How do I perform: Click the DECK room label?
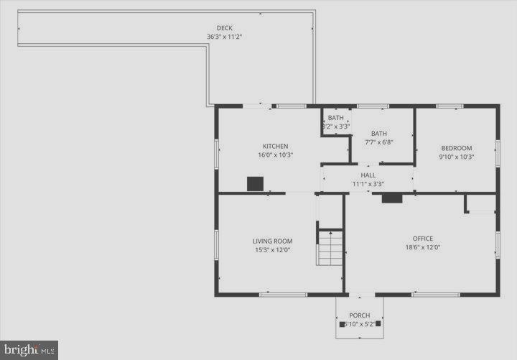(224, 28)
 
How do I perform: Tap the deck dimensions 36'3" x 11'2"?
(224, 37)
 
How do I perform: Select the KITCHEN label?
(275, 146)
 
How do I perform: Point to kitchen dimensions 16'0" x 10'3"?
(275, 154)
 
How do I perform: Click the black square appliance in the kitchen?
(256, 183)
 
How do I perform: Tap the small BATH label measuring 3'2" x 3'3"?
(335, 118)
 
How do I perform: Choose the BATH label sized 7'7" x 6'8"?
(378, 133)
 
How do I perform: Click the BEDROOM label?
(456, 148)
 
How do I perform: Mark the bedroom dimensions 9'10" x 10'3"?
(456, 157)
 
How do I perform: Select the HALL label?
(368, 175)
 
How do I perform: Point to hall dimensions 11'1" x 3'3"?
(368, 184)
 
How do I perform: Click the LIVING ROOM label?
(272, 241)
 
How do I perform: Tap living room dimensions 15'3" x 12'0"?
(272, 250)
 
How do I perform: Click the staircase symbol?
(330, 247)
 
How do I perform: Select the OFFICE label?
(422, 239)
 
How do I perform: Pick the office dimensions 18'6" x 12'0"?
(422, 248)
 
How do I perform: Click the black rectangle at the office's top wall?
(391, 198)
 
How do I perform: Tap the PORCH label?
(359, 315)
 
